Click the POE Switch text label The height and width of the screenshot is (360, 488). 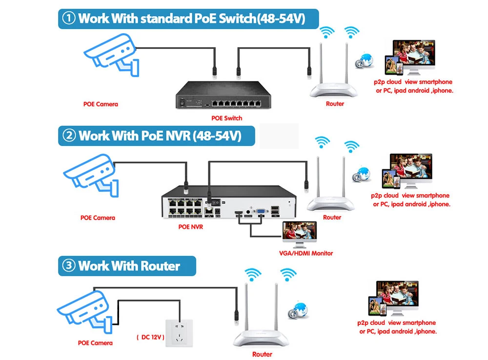(226, 118)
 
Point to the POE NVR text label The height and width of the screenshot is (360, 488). (191, 227)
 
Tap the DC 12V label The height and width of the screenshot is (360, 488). (150, 338)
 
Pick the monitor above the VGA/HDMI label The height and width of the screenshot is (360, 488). (300, 235)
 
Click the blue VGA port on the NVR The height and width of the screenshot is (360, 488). (261, 212)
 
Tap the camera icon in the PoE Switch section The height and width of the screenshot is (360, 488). (110, 54)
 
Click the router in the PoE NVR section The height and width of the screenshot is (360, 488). (332, 188)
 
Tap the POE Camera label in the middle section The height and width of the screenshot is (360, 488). (98, 218)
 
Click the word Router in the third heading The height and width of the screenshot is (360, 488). (161, 266)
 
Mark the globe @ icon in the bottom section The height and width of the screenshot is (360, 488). (298, 310)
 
